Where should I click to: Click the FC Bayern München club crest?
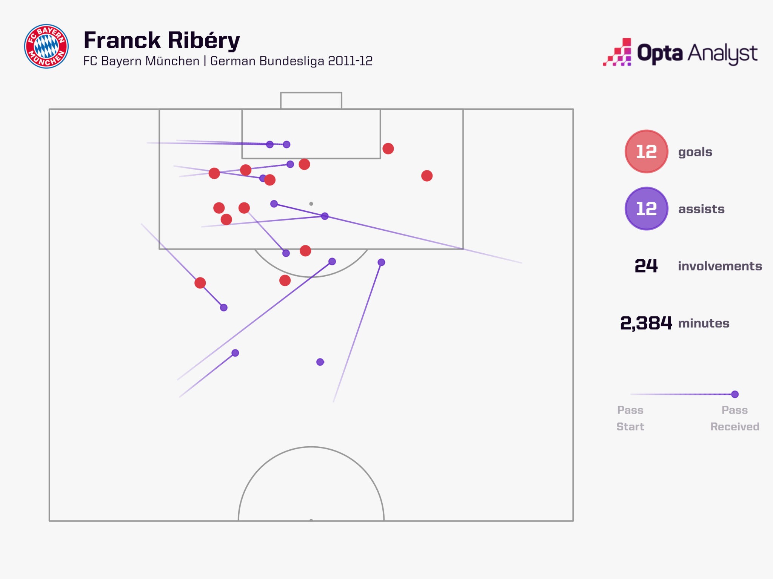point(46,46)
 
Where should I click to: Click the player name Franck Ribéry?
point(162,40)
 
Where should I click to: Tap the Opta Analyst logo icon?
point(617,53)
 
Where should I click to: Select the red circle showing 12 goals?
point(646,152)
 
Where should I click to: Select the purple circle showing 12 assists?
point(646,208)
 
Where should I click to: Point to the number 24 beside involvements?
point(646,266)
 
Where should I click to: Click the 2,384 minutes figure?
point(646,323)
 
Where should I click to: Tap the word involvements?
point(720,266)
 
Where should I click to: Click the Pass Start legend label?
point(630,418)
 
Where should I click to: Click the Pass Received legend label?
point(735,418)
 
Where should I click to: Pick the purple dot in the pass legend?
point(735,394)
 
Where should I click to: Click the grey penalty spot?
point(311,204)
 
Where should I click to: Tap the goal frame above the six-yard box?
point(311,100)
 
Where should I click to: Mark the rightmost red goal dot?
point(427,176)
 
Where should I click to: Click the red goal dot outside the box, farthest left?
point(200,283)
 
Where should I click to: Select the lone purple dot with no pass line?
point(320,362)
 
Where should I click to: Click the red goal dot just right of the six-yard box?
point(388,149)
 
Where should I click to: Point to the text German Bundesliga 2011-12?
point(291,61)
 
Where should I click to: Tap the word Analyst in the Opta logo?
point(722,54)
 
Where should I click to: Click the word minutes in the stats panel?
point(704,323)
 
